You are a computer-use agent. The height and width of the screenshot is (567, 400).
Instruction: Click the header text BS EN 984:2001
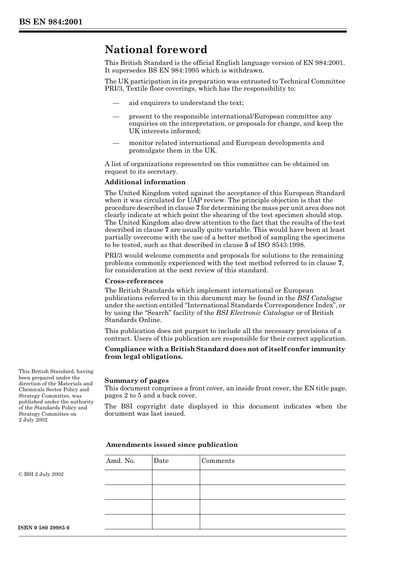coord(50,22)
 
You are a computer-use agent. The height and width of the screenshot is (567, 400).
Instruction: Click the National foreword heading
coord(156,50)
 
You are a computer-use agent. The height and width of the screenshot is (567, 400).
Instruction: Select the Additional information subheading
coord(145,182)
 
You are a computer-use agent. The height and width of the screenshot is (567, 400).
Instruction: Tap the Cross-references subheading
coord(134,281)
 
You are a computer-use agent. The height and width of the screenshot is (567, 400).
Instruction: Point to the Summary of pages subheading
coord(136,381)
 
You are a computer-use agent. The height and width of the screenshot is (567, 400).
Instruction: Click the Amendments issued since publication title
coord(171,445)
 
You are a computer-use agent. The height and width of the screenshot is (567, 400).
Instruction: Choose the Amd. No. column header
coord(120,461)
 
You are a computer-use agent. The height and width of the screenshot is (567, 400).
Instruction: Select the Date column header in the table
coord(161,461)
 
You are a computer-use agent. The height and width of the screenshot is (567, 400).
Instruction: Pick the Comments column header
coord(218,461)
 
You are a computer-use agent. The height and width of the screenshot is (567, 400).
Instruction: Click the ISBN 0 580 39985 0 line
coord(44,528)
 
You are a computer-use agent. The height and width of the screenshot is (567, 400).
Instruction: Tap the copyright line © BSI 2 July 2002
coord(41,474)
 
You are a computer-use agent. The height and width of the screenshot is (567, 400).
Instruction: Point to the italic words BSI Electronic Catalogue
coord(255,313)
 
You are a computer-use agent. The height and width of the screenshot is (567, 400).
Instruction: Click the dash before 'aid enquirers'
coord(116,103)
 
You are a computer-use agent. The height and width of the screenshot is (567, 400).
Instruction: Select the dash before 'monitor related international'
coord(116,143)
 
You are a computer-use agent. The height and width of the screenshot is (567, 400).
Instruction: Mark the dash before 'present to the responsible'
coord(116,117)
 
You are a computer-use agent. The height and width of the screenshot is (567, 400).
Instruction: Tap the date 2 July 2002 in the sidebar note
coord(33,420)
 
